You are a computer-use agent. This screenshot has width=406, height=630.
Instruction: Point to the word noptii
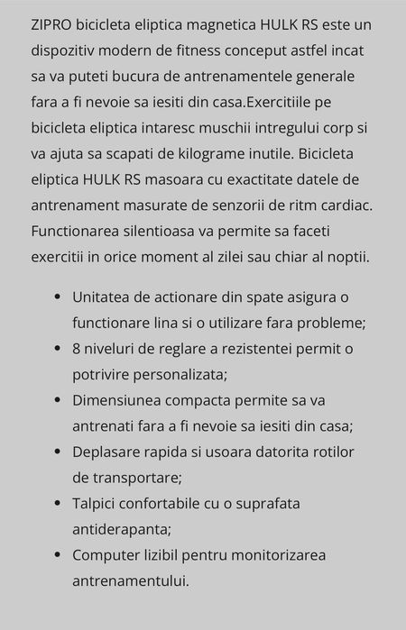point(344,258)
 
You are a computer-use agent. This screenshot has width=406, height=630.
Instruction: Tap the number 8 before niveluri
point(78,348)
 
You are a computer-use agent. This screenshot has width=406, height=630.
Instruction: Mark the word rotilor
point(331,451)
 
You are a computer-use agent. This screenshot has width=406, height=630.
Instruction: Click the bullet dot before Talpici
point(58,503)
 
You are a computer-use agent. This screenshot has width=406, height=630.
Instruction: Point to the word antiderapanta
point(121,528)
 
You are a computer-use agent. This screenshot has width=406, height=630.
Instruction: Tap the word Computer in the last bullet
point(107,554)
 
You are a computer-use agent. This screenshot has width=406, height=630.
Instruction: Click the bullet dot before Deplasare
point(58,451)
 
